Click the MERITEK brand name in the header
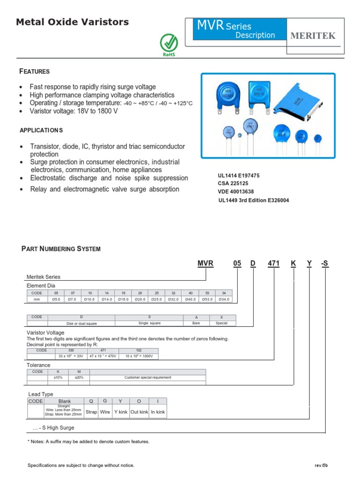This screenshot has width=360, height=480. tap(314, 36)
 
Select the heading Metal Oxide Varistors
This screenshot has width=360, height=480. tap(72, 22)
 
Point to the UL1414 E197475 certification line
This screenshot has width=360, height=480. tap(239, 175)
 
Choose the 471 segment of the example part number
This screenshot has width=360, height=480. tap(273, 263)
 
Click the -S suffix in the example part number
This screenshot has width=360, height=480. tap(325, 263)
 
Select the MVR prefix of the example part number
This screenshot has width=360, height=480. tap(205, 263)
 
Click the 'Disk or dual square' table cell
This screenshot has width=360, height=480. tap(82, 323)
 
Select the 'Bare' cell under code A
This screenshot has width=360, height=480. tap(196, 323)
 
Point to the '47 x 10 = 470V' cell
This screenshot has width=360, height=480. tap(103, 356)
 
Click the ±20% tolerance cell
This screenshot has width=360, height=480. tap(79, 377)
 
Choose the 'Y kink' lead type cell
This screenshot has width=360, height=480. tap(120, 412)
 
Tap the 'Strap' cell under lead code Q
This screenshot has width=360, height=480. tap(91, 412)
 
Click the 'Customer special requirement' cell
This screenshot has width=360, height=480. tap(148, 377)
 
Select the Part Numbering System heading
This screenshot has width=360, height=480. tap(61, 249)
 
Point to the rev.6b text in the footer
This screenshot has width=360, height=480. tap(321, 465)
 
